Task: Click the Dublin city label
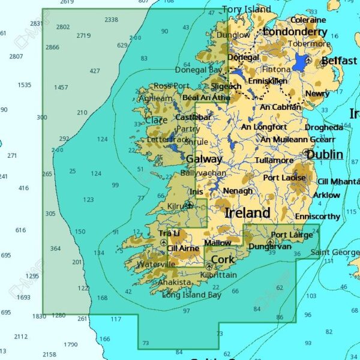click(325, 154)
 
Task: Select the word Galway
click(203, 160)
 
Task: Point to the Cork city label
click(223, 259)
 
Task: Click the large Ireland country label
click(247, 213)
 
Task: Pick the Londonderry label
click(295, 32)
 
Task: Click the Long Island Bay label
click(191, 295)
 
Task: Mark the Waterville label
click(156, 264)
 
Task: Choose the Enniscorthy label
click(317, 216)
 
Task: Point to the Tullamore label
click(274, 161)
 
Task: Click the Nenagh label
click(238, 191)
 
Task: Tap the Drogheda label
click(324, 127)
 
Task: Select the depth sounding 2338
click(111, 20)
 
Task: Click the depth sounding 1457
click(61, 88)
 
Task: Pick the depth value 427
click(95, 71)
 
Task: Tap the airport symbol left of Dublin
click(307, 152)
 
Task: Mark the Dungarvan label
click(270, 247)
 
